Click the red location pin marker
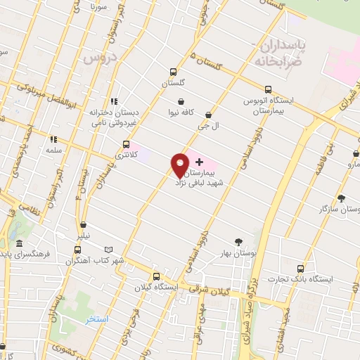[x=180, y=165]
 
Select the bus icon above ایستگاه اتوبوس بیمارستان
[x=267, y=89]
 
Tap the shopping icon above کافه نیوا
[x=181, y=102]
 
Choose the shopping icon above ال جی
[x=208, y=115]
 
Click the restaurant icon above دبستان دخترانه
[x=114, y=101]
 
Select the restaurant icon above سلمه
[x=53, y=139]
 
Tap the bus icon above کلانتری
[x=126, y=144]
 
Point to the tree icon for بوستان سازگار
[x=341, y=199]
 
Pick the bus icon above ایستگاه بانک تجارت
[x=300, y=269]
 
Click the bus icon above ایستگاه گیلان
[x=155, y=276]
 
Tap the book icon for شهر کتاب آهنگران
[x=108, y=250]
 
